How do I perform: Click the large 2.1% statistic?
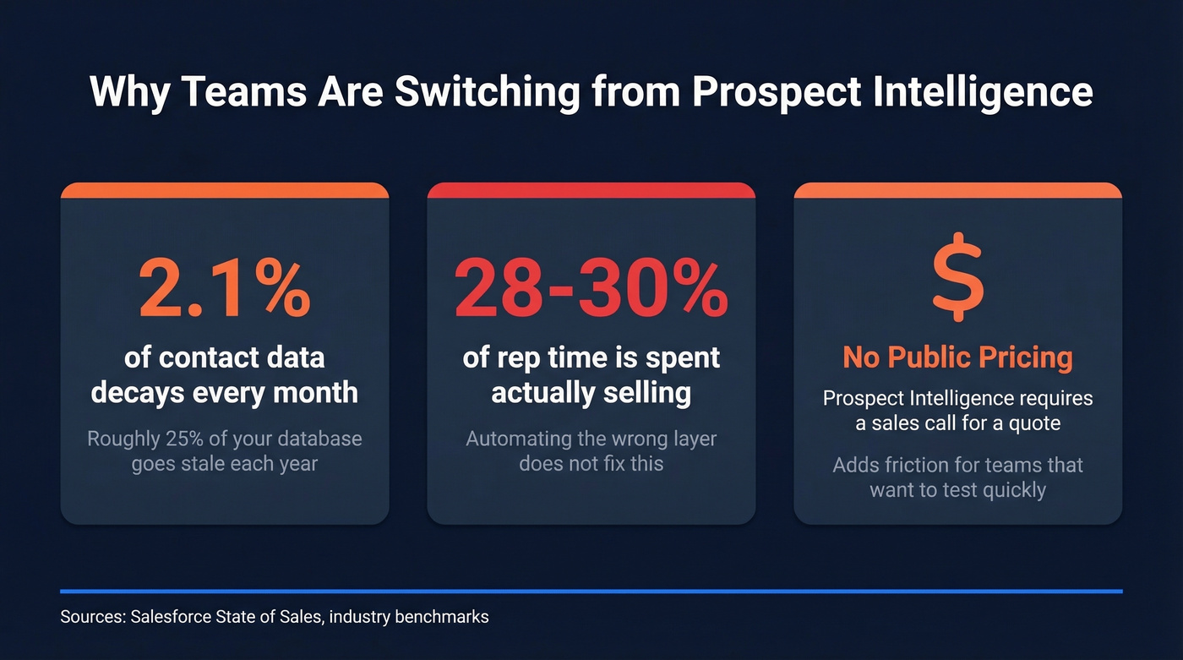click(x=225, y=288)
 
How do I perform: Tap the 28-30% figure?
click(x=591, y=288)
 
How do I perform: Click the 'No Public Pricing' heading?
click(x=957, y=357)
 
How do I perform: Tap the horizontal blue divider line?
click(x=591, y=591)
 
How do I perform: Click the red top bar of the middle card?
click(x=591, y=190)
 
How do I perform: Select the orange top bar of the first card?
click(x=225, y=190)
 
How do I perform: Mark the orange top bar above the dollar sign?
click(x=957, y=190)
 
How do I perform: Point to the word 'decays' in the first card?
click(x=139, y=393)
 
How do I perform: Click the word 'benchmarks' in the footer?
click(x=440, y=617)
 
